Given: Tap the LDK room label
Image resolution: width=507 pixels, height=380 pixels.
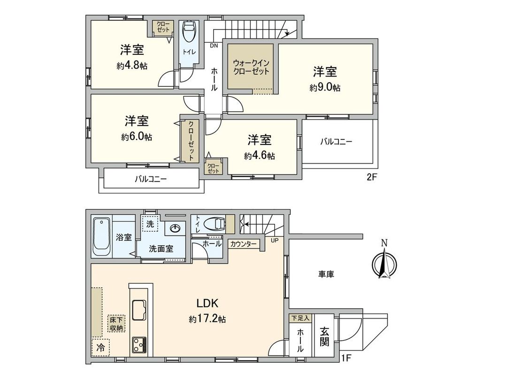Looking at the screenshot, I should point(207,303).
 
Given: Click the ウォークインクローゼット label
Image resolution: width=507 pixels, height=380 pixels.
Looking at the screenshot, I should point(251,68).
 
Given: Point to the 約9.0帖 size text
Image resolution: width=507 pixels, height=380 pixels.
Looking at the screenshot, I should point(325,88).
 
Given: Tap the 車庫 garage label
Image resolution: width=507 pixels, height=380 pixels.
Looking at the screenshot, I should point(326,274).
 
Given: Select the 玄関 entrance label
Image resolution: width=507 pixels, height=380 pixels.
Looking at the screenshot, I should point(324,336).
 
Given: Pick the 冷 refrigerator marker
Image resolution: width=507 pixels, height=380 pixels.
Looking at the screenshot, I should point(100,348).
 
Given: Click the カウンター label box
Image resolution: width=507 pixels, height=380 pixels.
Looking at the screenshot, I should point(243,244).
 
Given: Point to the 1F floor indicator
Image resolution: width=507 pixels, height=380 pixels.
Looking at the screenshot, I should point(346,359).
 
